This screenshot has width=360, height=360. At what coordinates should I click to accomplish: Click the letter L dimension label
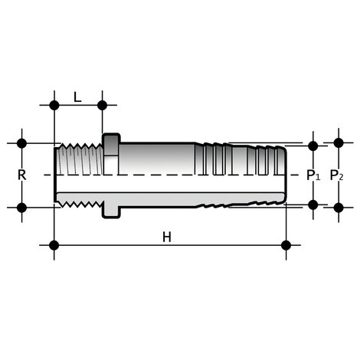pos(77,97)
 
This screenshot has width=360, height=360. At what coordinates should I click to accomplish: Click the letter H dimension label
pos(166,236)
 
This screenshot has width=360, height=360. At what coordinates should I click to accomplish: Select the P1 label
pos(313,175)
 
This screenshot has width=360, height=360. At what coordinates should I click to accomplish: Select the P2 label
pos(337,175)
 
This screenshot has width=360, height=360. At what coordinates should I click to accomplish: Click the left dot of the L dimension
pos(54,105)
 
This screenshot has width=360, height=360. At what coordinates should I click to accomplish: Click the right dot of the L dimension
pos(102,105)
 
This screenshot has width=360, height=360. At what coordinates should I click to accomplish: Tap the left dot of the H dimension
pos(54,245)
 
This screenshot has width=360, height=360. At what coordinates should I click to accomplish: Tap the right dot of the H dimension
pos(286,245)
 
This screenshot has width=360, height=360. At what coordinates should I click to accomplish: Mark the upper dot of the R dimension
pos(21,143)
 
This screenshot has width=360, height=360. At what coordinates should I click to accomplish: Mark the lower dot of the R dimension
pos(21,207)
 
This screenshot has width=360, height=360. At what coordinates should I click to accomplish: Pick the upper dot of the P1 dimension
pos(313,146)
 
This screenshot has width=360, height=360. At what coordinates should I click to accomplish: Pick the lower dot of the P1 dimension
pos(313,204)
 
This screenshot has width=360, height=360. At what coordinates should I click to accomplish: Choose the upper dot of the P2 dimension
pos(338,142)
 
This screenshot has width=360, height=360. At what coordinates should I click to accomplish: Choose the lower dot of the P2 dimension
pos(338,207)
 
